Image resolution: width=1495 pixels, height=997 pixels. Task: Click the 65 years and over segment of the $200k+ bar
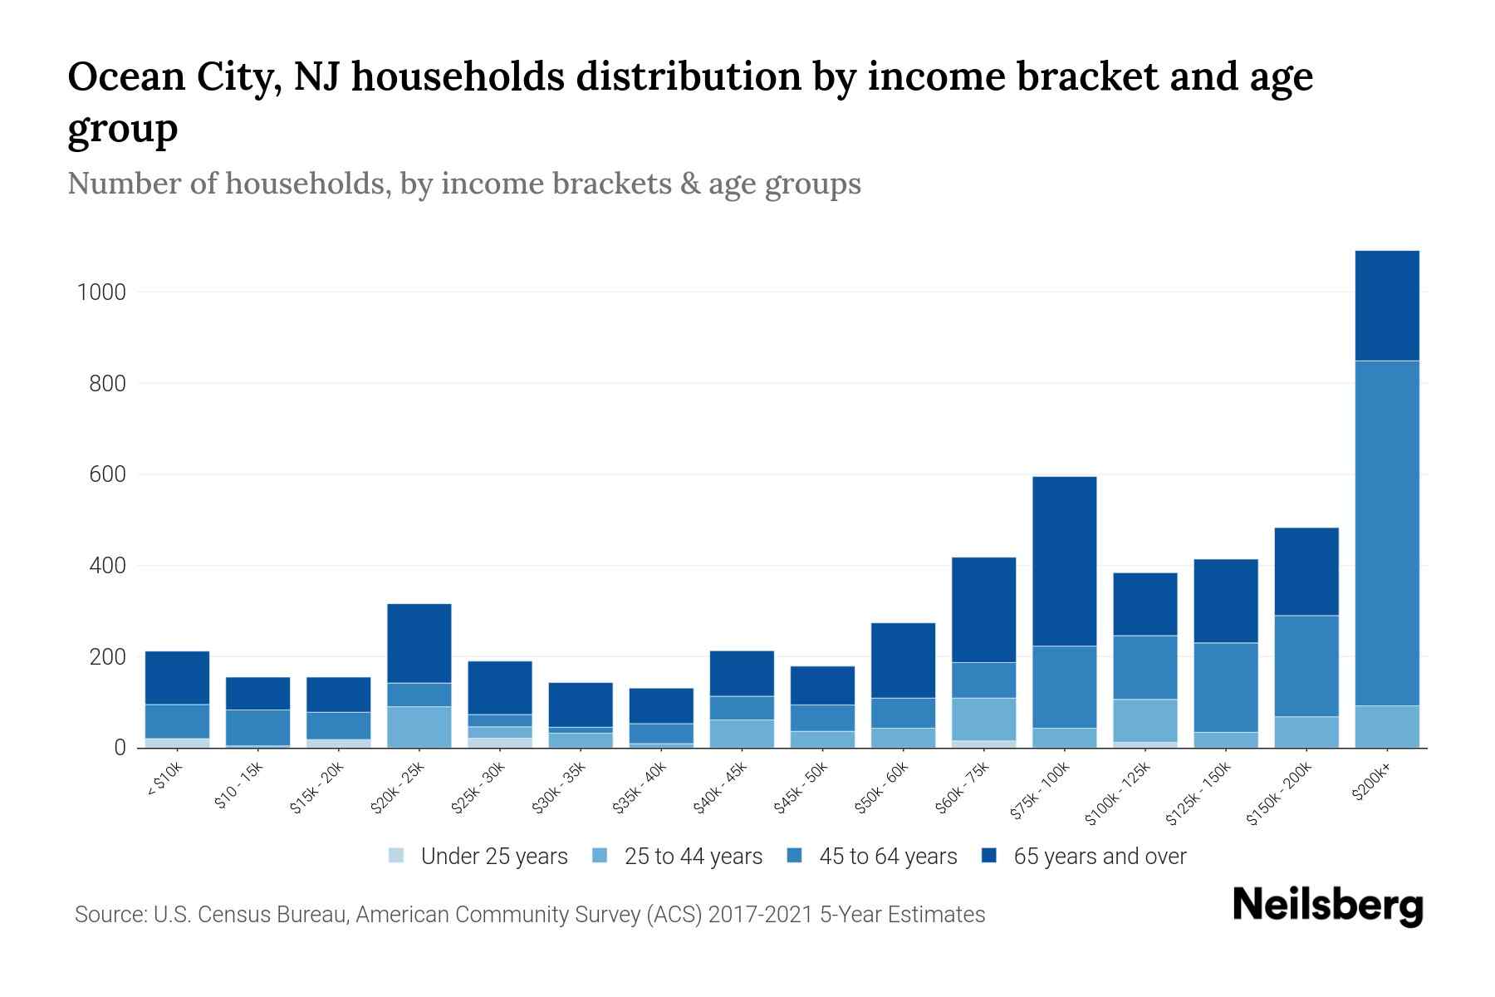click(1387, 306)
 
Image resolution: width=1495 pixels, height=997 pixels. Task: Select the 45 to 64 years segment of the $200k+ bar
click(1387, 533)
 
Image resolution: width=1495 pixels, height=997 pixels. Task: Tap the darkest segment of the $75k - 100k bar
click(1064, 561)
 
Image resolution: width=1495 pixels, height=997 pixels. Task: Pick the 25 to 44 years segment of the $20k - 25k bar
click(419, 727)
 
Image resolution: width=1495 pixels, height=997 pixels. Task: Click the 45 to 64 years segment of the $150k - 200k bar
click(1306, 665)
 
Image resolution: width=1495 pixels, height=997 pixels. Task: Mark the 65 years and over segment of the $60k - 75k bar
click(983, 609)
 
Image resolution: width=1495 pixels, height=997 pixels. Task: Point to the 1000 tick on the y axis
click(101, 292)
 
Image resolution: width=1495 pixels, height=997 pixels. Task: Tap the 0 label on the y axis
click(120, 748)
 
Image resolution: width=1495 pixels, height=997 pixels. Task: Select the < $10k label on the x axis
click(165, 781)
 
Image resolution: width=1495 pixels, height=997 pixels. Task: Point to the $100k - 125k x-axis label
click(1118, 794)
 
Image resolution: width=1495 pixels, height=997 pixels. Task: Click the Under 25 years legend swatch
click(397, 856)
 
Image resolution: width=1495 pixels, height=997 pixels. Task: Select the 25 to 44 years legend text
click(693, 857)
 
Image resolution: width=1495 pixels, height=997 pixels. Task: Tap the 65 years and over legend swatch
click(989, 856)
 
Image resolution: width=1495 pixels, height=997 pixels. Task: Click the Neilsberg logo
click(1327, 905)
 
